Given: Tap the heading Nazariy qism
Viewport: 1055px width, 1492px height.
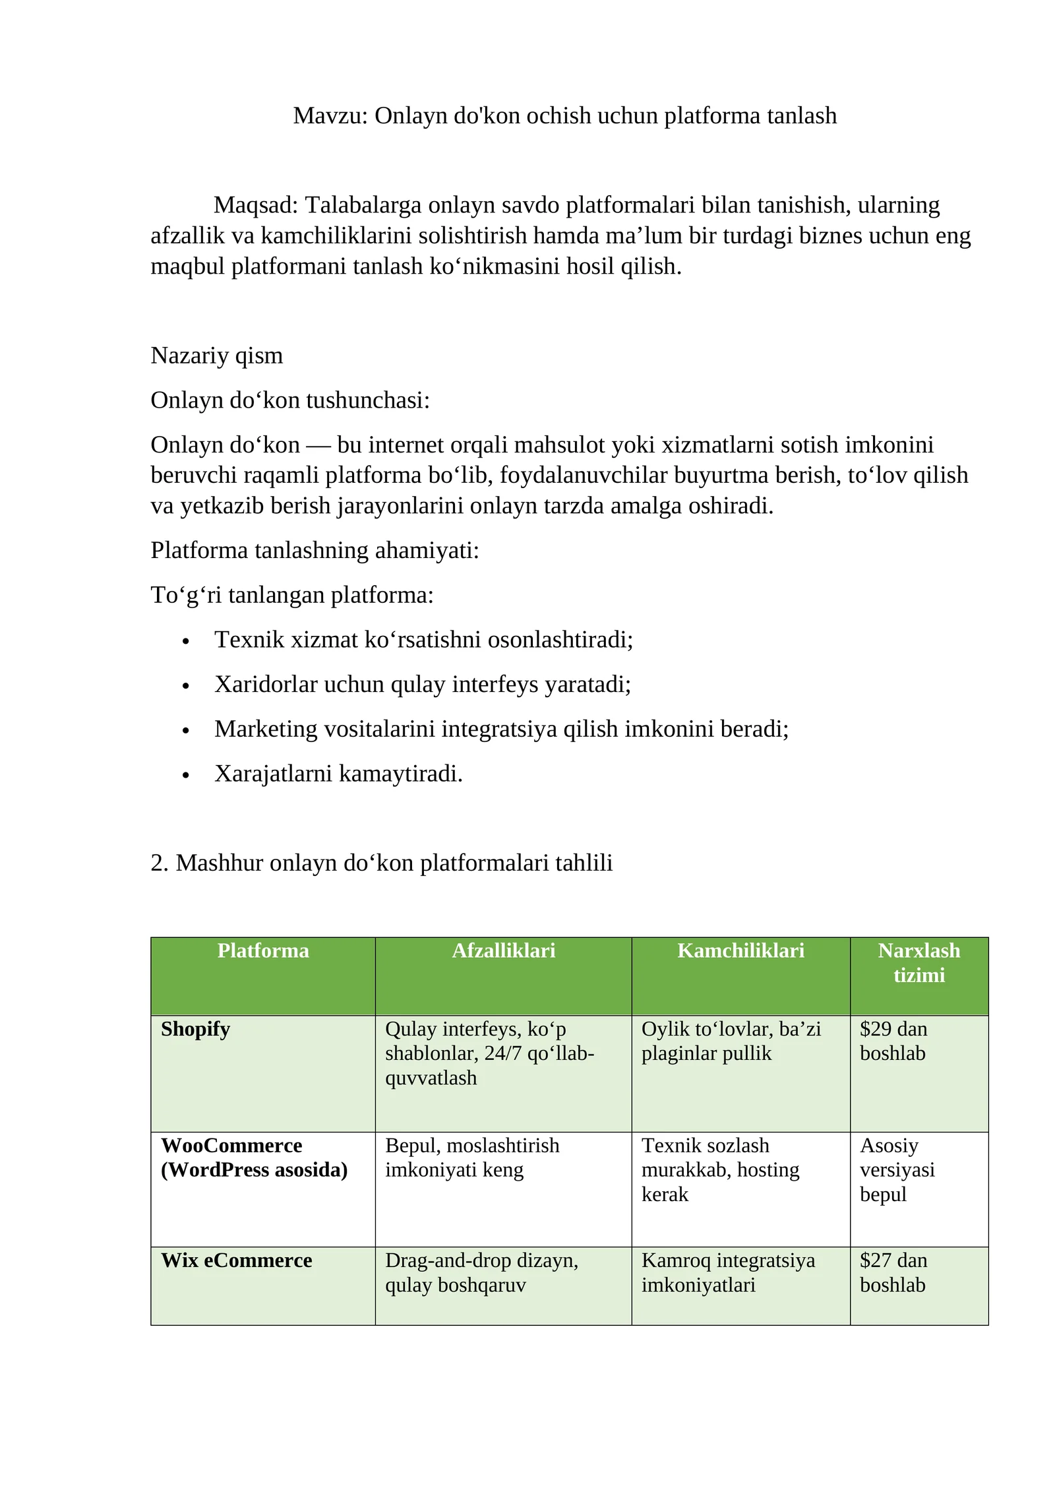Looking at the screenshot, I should tap(216, 356).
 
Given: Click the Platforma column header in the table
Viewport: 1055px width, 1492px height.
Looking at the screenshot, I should tap(262, 950).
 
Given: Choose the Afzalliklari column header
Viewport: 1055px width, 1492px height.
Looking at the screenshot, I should tap(503, 950).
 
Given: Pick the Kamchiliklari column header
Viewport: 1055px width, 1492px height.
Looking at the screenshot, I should tap(740, 950).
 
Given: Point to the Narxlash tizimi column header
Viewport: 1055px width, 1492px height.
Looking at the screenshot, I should tap(919, 962).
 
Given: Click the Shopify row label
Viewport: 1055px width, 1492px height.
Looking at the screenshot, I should tap(195, 1029).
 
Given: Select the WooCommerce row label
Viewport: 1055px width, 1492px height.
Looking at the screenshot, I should tap(231, 1146).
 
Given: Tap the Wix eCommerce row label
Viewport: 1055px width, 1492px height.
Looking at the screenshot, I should tap(236, 1260).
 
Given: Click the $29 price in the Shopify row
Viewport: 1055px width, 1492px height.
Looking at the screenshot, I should tap(876, 1029).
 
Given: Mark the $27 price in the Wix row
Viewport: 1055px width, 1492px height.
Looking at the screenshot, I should tap(876, 1260).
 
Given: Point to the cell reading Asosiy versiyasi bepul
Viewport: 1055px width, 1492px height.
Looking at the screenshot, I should tap(897, 1169).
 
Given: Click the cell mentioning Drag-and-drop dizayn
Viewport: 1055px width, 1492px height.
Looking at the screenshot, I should tap(481, 1272).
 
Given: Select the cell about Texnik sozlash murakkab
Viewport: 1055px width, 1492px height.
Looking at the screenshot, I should tap(720, 1169).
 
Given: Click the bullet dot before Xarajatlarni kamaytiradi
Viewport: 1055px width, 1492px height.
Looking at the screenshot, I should tap(186, 775).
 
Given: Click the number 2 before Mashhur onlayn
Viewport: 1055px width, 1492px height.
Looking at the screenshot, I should tap(156, 863).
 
